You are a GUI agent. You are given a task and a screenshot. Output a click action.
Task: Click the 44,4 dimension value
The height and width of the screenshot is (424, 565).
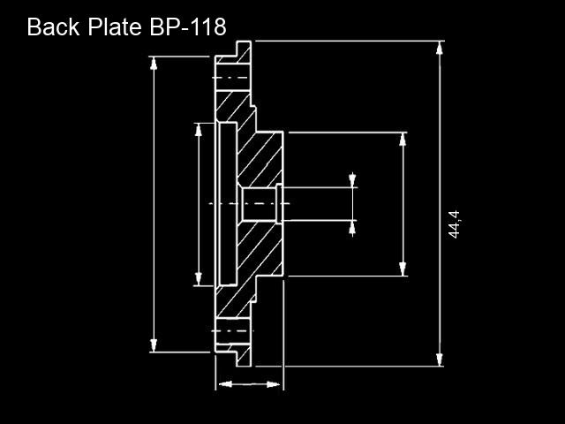(x=454, y=224)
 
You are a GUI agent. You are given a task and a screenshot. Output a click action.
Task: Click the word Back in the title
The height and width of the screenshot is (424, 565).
(x=53, y=26)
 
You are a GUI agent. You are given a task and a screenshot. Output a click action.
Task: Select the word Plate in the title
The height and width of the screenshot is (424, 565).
(x=115, y=26)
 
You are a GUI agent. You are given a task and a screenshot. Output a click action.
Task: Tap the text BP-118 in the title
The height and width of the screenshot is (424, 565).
(x=188, y=26)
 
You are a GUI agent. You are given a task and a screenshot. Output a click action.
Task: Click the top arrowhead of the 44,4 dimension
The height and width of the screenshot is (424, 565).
(x=440, y=48)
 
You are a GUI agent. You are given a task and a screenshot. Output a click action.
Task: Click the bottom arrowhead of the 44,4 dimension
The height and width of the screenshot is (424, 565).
(x=440, y=360)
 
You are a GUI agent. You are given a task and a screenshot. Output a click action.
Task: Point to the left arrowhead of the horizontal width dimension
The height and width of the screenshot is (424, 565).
(x=225, y=384)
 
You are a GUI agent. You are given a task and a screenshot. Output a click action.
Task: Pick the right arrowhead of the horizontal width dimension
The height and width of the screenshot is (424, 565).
(x=273, y=384)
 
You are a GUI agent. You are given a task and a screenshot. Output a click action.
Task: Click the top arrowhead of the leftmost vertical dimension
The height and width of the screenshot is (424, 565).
(x=154, y=64)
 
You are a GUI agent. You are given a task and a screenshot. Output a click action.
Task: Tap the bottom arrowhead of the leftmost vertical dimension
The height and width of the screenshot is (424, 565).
(x=154, y=345)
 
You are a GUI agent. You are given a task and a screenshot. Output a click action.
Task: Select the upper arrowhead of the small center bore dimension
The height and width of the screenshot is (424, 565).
(x=352, y=180)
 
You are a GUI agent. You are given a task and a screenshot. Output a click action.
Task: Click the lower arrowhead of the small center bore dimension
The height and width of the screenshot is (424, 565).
(x=352, y=228)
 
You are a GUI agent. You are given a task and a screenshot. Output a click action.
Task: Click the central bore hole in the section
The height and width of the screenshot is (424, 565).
(x=259, y=204)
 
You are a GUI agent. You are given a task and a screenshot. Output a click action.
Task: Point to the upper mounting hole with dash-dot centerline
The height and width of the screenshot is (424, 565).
(x=233, y=78)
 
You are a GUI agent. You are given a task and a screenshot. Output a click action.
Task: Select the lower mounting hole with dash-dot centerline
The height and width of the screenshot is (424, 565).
(x=233, y=331)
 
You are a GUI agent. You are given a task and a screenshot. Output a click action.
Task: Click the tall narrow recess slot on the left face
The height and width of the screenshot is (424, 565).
(x=228, y=204)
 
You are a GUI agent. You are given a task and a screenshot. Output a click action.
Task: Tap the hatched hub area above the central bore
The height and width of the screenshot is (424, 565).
(x=260, y=159)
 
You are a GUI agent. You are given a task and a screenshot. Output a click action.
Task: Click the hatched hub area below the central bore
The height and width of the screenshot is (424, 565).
(x=260, y=249)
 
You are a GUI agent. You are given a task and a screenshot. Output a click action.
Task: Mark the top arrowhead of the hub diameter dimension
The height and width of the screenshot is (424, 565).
(x=403, y=140)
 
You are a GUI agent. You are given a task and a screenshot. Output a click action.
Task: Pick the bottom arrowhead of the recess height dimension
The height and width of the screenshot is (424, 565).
(x=198, y=279)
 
